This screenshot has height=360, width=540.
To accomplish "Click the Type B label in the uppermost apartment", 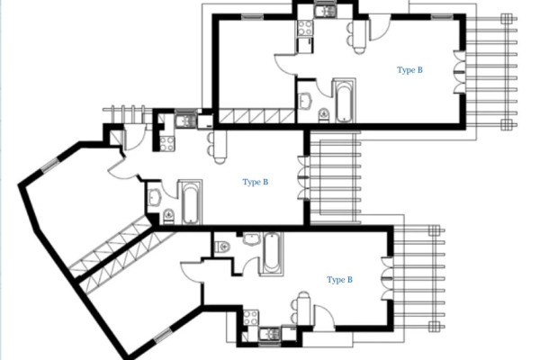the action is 409,70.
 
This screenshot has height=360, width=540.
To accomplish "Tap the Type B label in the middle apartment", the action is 256,182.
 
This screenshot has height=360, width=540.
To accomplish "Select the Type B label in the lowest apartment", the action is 339,280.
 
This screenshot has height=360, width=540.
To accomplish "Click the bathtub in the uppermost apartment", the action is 344,101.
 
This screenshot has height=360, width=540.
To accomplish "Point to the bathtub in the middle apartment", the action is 190,202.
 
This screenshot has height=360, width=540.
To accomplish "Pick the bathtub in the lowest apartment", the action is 272,253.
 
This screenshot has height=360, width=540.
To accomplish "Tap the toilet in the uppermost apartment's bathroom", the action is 324,114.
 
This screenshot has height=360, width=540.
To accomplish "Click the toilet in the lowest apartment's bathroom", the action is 221,247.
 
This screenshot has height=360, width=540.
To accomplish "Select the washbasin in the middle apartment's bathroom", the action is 156,198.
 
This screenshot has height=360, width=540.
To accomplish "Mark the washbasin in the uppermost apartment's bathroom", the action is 305,101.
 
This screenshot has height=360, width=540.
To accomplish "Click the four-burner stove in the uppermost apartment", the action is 305,28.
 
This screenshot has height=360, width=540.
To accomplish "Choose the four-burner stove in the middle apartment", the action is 167,144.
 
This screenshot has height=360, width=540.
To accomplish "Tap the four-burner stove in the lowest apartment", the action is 251,318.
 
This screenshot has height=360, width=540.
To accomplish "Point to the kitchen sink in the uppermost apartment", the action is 325,11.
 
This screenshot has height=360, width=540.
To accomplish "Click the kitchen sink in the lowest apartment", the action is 269,334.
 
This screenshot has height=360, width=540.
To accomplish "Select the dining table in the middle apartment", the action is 220,146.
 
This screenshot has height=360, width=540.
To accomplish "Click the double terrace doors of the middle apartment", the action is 303,178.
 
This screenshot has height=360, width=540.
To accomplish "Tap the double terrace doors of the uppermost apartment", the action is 459,72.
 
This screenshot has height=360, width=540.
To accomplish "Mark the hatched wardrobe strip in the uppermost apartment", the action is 256,116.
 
